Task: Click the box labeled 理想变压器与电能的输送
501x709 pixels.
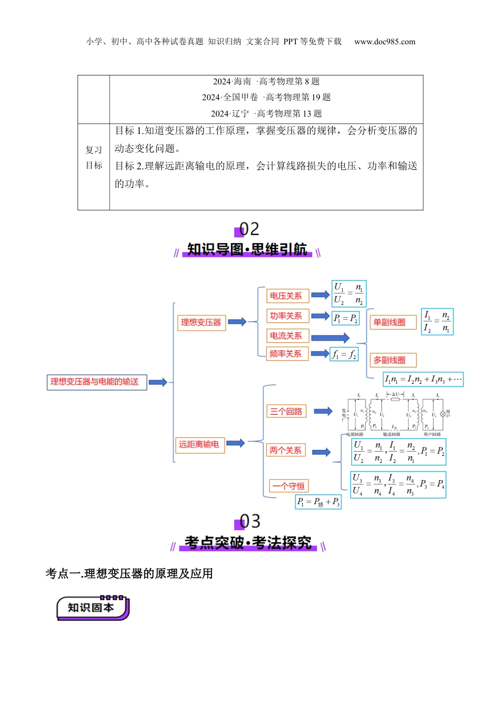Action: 97,381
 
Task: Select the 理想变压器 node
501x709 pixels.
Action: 201,322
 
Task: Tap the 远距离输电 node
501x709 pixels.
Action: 199,445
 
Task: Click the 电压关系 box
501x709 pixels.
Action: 286,296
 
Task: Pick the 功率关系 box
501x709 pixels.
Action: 286,316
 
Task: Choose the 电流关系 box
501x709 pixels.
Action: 286,336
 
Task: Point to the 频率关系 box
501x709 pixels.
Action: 286,353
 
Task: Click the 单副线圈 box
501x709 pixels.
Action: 390,322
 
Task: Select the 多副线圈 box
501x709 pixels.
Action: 390,360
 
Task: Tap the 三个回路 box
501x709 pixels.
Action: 286,411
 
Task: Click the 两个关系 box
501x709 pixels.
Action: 286,451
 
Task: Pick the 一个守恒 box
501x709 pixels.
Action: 288,486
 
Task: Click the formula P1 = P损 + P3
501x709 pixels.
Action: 319,502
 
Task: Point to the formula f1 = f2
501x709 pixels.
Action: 344,354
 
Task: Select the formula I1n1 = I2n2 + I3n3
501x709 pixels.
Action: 423,379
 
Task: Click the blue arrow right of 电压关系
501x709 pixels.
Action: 320,295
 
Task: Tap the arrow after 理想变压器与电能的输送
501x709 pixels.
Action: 158,382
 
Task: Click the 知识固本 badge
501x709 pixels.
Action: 92,608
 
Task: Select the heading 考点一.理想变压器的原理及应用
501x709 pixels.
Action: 129,573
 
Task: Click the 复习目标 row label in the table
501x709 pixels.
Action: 94,158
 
